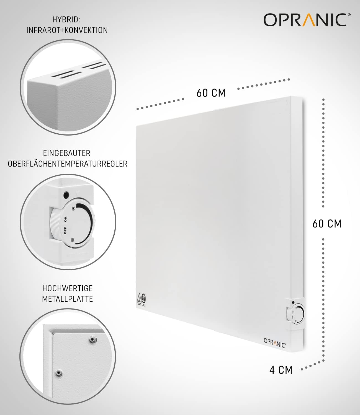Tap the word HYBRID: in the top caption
coord(66,20)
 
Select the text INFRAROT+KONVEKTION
coord(67,30)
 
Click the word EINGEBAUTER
coord(67,153)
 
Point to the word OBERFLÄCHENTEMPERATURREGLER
coord(68,164)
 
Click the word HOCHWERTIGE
coord(68,289)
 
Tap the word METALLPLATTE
coord(68,299)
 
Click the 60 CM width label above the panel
coord(211,93)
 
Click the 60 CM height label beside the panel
coord(327,224)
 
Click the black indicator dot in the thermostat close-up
coord(66,194)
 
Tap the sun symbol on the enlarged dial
coord(73,208)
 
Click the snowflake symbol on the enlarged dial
coord(73,240)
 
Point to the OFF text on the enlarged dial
coord(65,230)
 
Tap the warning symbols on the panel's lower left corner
coord(141,299)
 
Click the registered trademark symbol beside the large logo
coord(349,15)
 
